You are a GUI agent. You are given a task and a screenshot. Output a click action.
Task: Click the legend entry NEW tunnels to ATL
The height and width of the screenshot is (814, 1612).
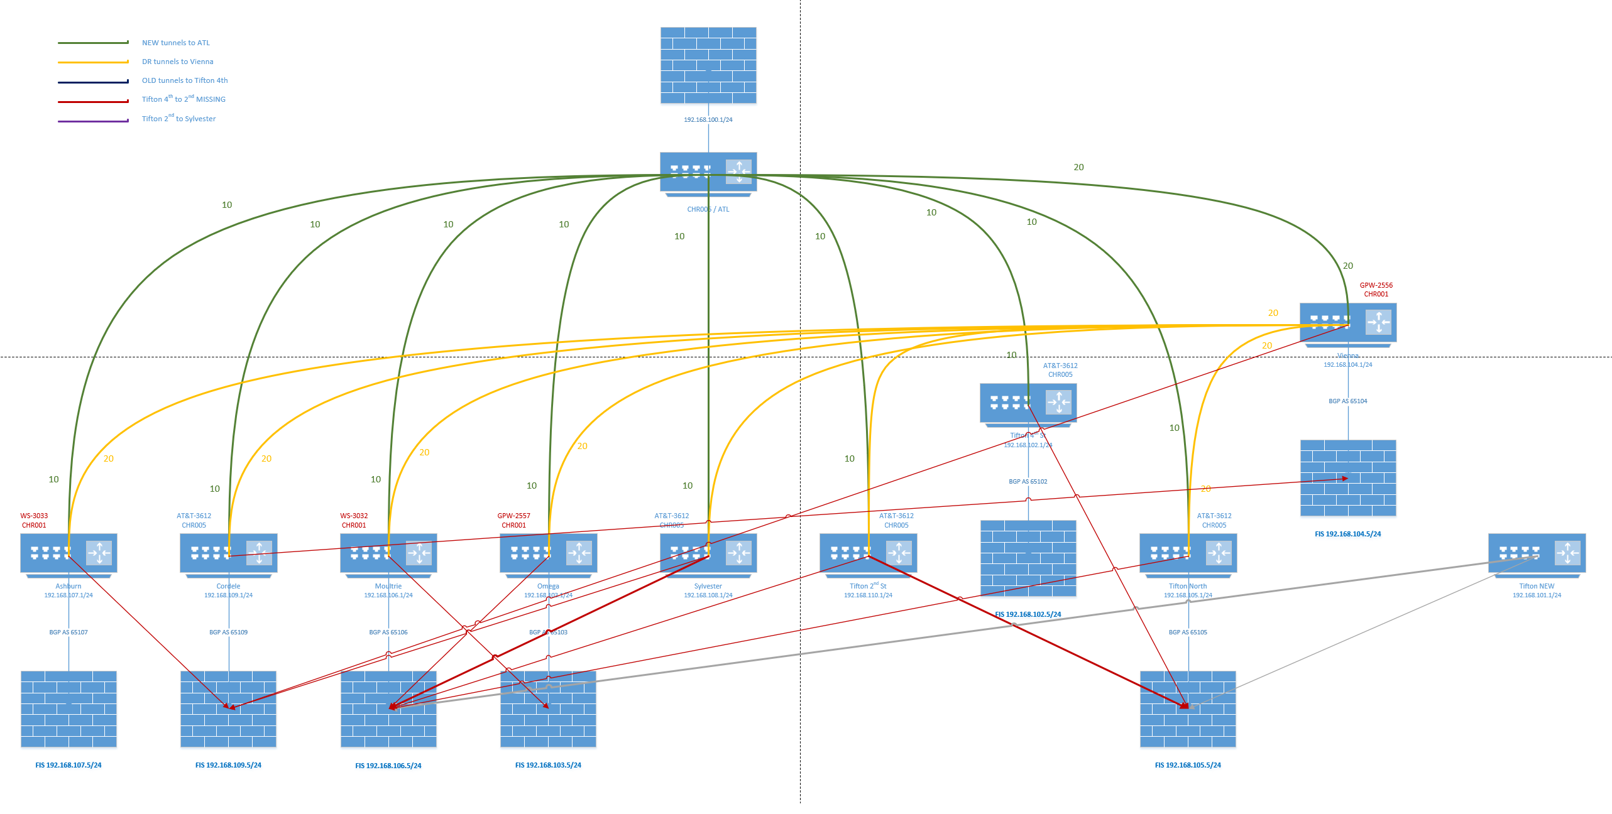pyautogui.click(x=175, y=43)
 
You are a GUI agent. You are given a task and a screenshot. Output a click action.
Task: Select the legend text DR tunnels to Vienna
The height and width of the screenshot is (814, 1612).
pyautogui.click(x=177, y=62)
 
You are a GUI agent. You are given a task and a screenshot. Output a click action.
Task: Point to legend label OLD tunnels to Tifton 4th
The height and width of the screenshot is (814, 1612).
pyautogui.click(x=184, y=80)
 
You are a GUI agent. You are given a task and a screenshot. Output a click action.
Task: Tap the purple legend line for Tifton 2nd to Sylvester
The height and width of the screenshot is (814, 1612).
pyautogui.click(x=93, y=121)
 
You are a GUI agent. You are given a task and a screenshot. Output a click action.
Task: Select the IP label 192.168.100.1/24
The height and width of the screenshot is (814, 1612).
pyautogui.click(x=708, y=119)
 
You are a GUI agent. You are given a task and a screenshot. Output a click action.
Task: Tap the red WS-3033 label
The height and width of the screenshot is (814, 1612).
pyautogui.click(x=34, y=516)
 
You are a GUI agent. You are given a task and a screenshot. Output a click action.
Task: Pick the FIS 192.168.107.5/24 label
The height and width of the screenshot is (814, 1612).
pyautogui.click(x=68, y=765)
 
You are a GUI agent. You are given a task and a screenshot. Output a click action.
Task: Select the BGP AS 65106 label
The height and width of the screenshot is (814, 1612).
pyautogui.click(x=388, y=632)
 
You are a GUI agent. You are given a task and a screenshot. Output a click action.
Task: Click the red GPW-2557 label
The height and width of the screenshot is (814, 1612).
pyautogui.click(x=513, y=516)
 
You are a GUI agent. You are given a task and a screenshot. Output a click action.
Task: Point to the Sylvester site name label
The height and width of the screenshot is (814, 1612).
pyautogui.click(x=708, y=586)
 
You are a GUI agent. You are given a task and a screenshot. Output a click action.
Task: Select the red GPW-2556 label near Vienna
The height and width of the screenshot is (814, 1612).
pyautogui.click(x=1376, y=285)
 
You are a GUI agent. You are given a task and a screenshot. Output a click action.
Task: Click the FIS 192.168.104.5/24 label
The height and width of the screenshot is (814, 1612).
pyautogui.click(x=1347, y=534)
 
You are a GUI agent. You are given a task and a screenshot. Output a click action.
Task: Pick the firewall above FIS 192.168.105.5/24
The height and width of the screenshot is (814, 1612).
pyautogui.click(x=1188, y=708)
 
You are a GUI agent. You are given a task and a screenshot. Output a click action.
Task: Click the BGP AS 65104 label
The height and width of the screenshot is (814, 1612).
pyautogui.click(x=1347, y=401)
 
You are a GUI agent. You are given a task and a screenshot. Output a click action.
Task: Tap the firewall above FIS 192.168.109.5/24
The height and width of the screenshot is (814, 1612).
pyautogui.click(x=228, y=708)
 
